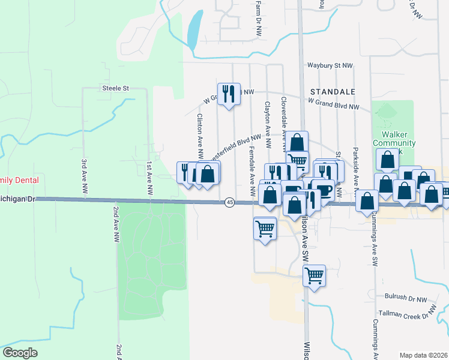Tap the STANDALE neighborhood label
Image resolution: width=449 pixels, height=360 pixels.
click(x=333, y=92)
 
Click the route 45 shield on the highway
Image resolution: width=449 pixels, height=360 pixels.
click(x=230, y=203)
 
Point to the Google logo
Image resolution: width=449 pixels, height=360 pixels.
click(x=20, y=353)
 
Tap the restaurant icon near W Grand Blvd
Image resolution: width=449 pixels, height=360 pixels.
click(x=229, y=94)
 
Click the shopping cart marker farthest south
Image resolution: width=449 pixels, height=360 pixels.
click(x=315, y=276)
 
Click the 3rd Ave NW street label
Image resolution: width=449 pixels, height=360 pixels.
click(x=84, y=176)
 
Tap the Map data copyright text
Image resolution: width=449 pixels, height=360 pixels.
click(x=423, y=355)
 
